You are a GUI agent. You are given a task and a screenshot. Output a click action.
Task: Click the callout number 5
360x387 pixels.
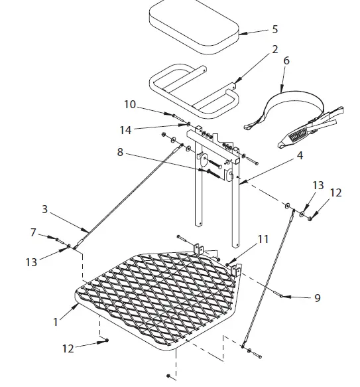(275, 30)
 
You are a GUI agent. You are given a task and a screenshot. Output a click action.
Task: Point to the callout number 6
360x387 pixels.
(286, 60)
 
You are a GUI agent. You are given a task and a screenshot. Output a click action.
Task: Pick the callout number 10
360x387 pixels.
(131, 105)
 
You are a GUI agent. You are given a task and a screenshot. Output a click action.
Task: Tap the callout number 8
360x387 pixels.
(119, 152)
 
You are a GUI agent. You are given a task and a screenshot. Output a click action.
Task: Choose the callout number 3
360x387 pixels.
(45, 210)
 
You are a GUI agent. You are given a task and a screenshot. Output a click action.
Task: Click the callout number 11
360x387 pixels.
(263, 239)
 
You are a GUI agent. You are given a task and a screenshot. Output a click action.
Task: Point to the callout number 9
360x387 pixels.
(317, 299)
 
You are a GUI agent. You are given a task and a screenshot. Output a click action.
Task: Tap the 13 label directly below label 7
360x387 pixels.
(31, 262)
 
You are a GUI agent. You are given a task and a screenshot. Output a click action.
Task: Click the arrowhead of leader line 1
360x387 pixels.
(77, 307)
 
